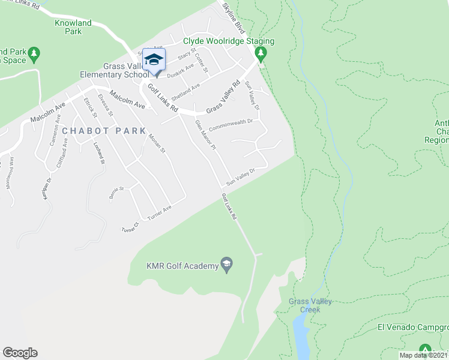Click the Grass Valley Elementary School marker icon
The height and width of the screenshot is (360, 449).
coord(154,60)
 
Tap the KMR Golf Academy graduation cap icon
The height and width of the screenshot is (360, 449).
coord(227,265)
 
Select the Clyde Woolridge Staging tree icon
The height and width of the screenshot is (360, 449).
coord(261,54)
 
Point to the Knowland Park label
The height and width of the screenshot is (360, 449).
coord(73,27)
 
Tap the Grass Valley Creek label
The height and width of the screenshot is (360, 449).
coord(310,305)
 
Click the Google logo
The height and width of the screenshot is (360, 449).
coord(20,353)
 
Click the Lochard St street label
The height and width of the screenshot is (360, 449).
coord(98,153)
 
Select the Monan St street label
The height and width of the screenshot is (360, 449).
coord(155,143)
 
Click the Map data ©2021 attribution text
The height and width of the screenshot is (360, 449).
coord(423,355)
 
